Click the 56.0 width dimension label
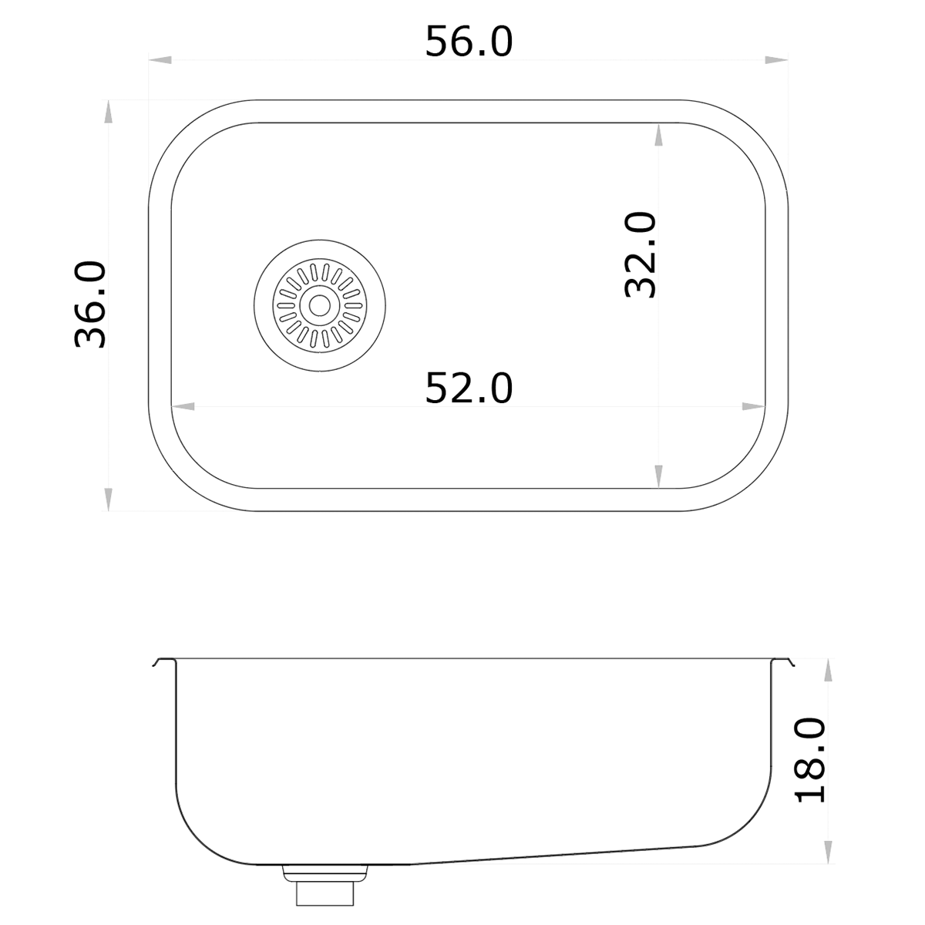pos(469,42)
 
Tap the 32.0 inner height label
pos(640,255)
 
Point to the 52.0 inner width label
pos(469,388)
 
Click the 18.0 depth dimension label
pos(810,761)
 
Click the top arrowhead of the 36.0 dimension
pos(109,112)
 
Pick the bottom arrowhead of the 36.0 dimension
pos(109,499)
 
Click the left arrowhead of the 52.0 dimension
pos(183,406)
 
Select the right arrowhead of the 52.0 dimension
pos(753,406)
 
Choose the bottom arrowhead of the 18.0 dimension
pos(829,851)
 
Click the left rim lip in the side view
pos(162,662)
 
